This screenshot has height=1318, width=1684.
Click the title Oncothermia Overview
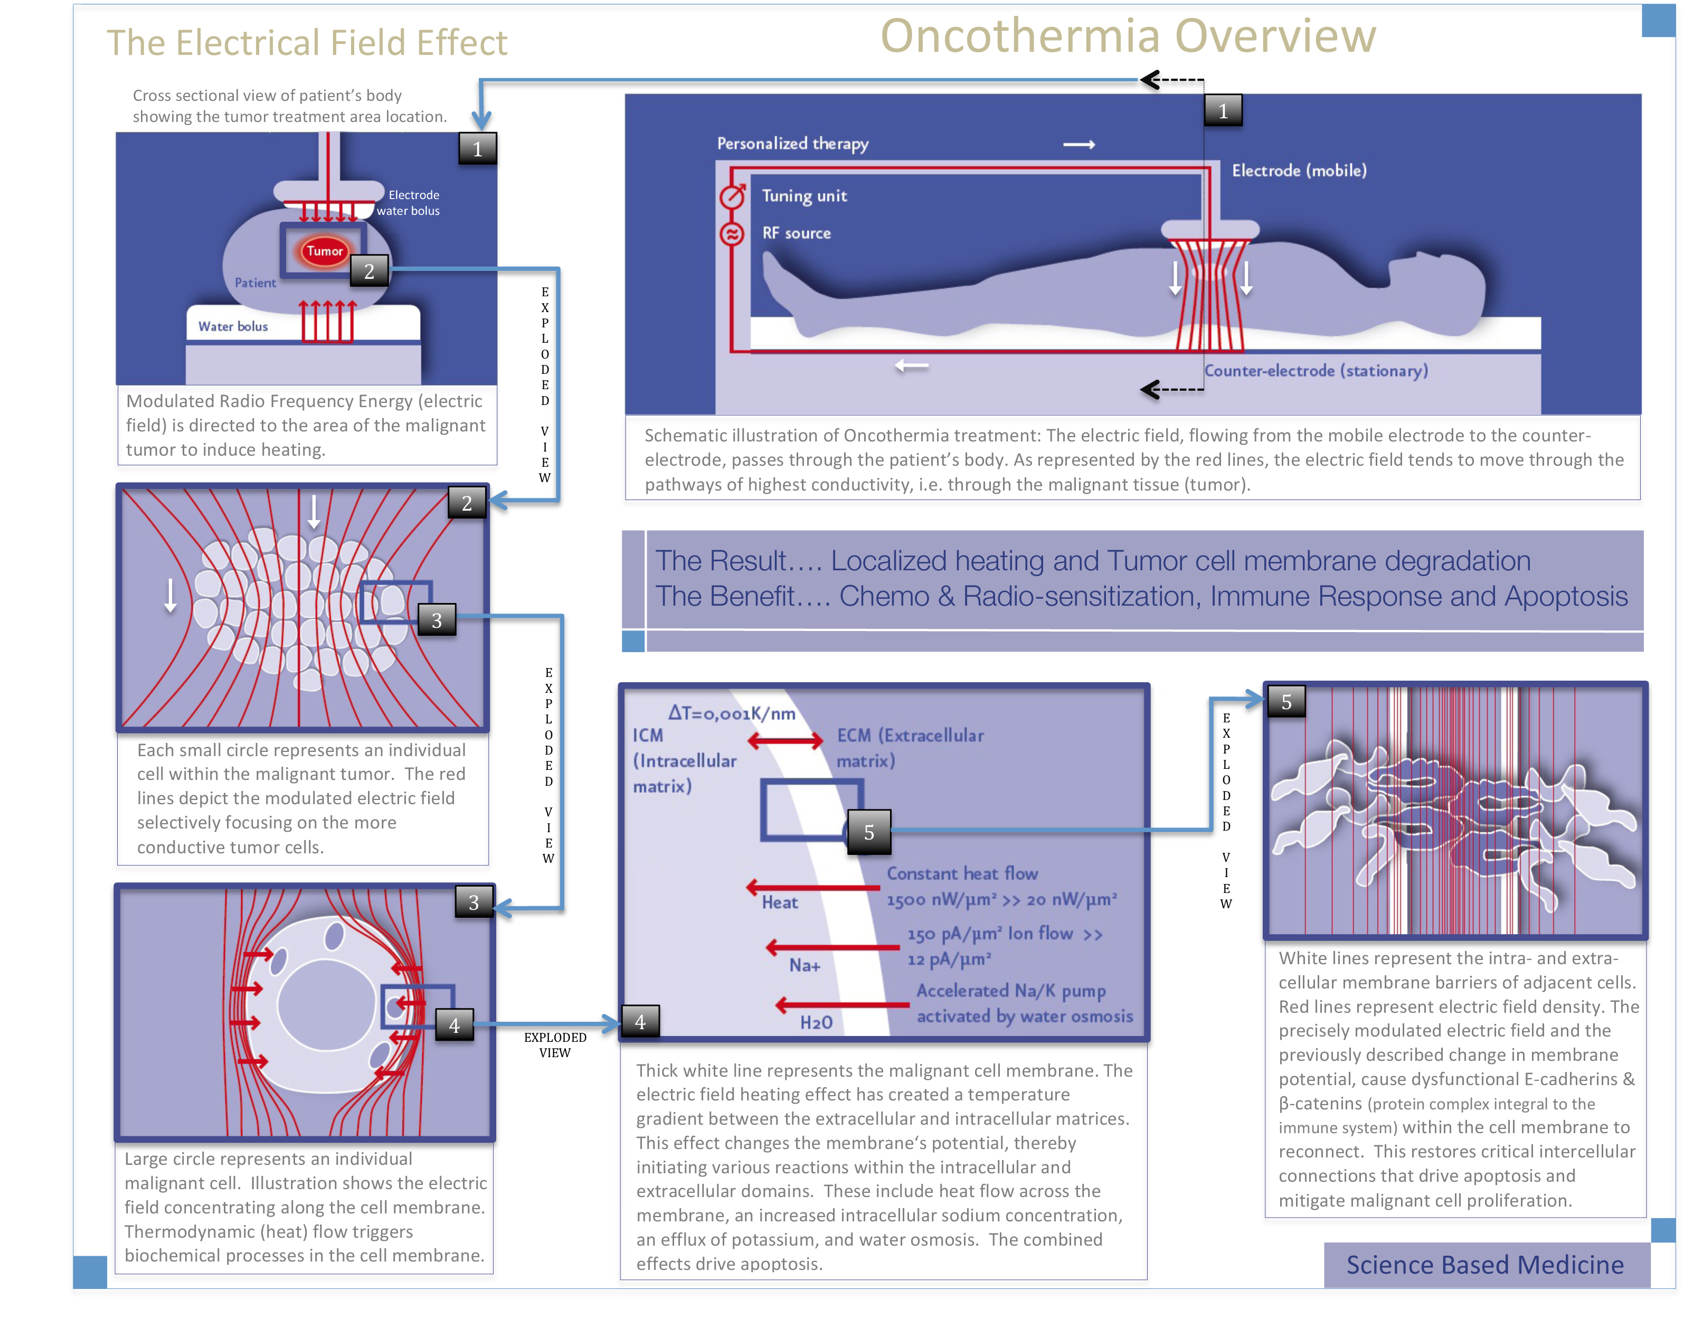pyautogui.click(x=1128, y=36)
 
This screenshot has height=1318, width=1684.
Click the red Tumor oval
pyautogui.click(x=324, y=251)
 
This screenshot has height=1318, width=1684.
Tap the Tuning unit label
pyautogui.click(x=804, y=196)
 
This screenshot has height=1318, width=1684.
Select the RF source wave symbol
pyautogui.click(x=731, y=234)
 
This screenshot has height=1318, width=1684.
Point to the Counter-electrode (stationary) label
pyautogui.click(x=1316, y=371)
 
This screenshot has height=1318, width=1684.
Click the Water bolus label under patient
pyautogui.click(x=232, y=326)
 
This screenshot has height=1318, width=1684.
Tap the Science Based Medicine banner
pyautogui.click(x=1484, y=1265)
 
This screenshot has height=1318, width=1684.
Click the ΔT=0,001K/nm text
pyautogui.click(x=731, y=713)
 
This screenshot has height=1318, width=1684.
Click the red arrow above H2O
pyautogui.click(x=841, y=1005)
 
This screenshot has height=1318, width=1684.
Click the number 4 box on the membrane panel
pyautogui.click(x=639, y=1022)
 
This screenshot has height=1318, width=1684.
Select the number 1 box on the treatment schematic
pyautogui.click(x=1223, y=111)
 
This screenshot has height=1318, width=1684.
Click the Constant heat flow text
pyautogui.click(x=961, y=873)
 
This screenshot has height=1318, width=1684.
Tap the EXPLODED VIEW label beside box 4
pyautogui.click(x=555, y=1045)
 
